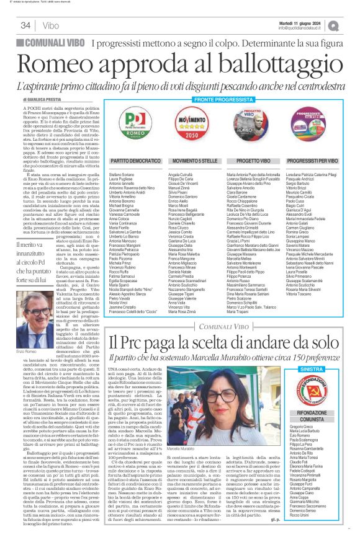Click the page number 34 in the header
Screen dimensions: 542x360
[25, 25]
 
